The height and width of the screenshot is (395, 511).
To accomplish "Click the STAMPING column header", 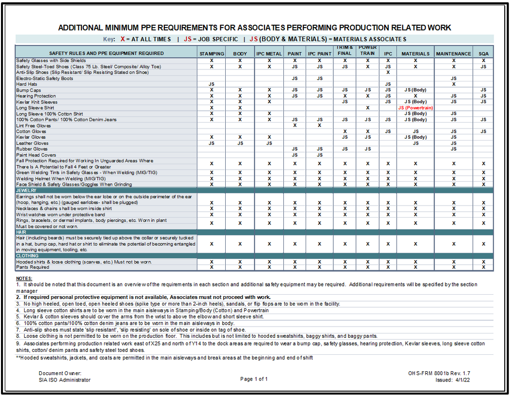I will point(212,54).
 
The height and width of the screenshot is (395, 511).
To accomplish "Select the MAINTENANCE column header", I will point(453,54).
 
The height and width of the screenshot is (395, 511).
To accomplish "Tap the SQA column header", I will point(483,54).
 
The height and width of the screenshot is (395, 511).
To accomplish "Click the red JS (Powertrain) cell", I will point(416,108).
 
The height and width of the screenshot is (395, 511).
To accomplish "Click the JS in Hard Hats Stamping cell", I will point(212,84).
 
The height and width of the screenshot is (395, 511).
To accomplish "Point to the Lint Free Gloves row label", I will point(33,126).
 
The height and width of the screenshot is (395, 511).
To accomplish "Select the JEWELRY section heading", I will point(26,190).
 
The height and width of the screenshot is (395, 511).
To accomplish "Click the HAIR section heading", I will point(21,232).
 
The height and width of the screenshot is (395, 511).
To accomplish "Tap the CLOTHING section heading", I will point(28,256).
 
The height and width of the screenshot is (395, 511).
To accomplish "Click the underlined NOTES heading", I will point(24,279).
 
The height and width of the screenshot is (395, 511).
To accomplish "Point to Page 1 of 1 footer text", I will point(254,379).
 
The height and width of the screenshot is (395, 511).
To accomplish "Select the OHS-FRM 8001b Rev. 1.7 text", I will point(439,374).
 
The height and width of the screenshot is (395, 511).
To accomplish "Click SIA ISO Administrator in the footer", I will point(64,380).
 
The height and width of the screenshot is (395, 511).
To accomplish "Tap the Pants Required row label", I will point(32,267).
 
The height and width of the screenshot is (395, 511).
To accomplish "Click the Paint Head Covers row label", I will point(36,155).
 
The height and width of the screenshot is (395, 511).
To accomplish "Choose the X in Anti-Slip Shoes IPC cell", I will point(388,72).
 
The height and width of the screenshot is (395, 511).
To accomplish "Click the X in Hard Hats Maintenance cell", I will point(453,84).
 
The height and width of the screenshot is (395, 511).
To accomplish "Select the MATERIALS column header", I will point(416,54).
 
